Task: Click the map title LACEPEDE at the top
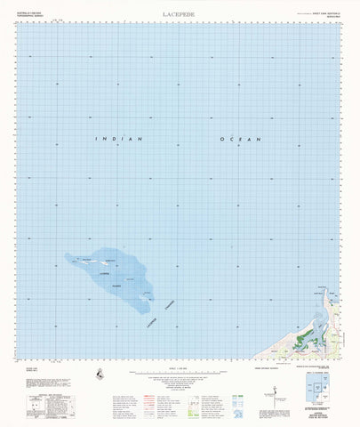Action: pyautogui.click(x=180, y=13)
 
